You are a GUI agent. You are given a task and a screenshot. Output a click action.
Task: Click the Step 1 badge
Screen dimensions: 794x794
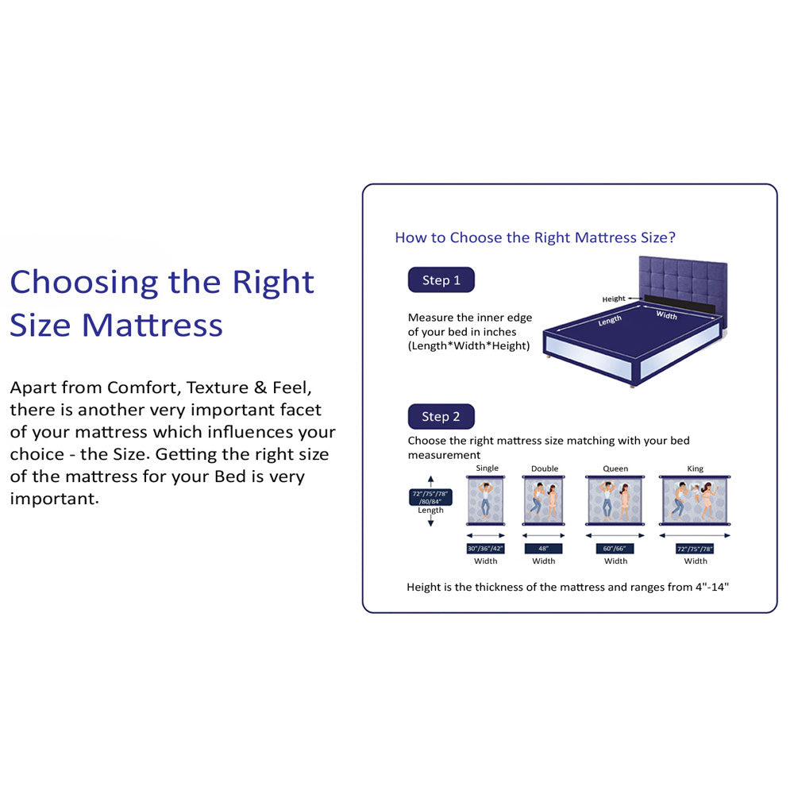(441, 280)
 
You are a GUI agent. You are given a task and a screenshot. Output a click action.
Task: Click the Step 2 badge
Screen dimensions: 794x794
(441, 417)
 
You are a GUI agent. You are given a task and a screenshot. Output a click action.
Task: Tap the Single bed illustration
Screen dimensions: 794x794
(486, 500)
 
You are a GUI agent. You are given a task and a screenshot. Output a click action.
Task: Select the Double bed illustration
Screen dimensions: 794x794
(544, 500)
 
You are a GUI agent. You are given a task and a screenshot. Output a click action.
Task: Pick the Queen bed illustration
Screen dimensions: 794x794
(615, 500)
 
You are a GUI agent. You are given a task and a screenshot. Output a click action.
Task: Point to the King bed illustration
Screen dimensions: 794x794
(696, 500)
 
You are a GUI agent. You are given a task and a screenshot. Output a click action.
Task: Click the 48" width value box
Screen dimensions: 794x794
(544, 549)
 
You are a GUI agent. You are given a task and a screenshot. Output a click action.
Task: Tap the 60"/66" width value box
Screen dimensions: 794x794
(615, 549)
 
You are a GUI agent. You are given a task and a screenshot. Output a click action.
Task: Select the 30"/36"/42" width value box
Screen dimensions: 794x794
(486, 549)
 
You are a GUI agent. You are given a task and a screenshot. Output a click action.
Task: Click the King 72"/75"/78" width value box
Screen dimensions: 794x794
(696, 549)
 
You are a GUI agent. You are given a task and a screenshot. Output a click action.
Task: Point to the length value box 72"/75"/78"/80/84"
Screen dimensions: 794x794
(430, 498)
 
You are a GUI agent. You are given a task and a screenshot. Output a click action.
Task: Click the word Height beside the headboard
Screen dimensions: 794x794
(613, 299)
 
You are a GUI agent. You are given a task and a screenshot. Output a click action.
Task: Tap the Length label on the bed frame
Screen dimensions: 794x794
(610, 321)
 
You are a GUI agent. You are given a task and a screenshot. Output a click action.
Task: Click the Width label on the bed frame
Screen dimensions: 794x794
(667, 315)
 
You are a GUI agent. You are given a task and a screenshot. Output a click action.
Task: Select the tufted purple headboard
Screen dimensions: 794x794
(683, 278)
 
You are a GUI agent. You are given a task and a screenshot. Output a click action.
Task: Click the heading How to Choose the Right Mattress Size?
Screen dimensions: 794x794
(535, 237)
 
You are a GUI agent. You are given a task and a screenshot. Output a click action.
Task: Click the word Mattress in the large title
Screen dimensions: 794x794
(152, 326)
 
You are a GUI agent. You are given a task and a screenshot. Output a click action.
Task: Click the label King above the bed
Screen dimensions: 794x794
(696, 468)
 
